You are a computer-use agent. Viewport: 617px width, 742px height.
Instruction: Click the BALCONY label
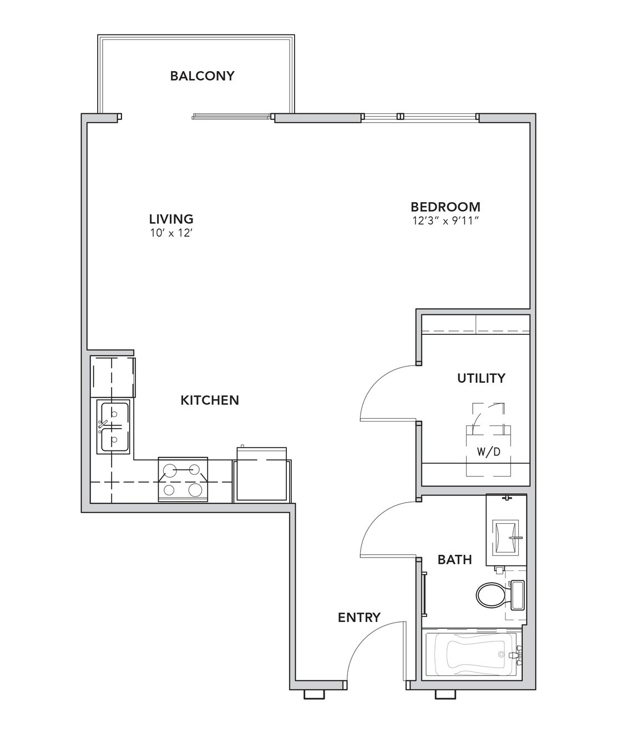[x=202, y=76]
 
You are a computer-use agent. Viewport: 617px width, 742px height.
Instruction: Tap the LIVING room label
[x=171, y=219]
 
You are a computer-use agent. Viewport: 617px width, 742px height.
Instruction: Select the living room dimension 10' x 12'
[x=171, y=233]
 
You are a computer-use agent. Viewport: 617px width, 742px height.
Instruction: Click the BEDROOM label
[x=446, y=207]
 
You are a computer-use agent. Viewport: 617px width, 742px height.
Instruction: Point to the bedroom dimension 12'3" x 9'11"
[x=446, y=221]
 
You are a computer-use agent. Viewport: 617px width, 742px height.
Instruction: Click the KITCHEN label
[x=210, y=400]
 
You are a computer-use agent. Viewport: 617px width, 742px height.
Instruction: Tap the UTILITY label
[x=481, y=378]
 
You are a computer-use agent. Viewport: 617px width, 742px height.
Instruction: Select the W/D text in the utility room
[x=488, y=452]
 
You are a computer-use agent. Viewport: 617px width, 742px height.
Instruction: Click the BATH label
[x=454, y=560]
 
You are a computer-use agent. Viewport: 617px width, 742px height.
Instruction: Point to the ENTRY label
[x=359, y=618]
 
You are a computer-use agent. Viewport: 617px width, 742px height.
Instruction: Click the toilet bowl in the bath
[x=490, y=595]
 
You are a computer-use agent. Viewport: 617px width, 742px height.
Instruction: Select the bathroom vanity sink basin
[x=505, y=537]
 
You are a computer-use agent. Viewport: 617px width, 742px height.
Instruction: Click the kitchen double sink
[x=113, y=427]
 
